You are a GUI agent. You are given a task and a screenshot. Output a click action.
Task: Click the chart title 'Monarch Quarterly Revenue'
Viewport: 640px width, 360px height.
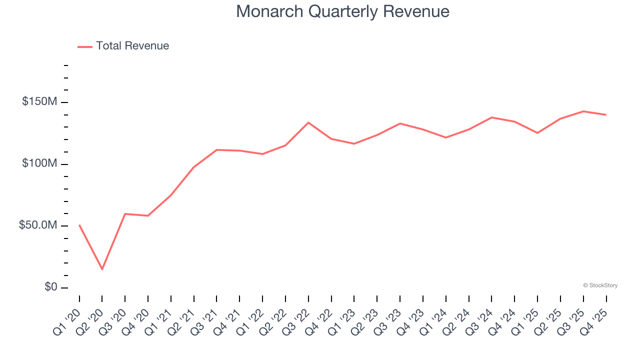342,11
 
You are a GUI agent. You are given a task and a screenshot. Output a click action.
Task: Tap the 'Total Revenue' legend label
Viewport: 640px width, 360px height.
132,46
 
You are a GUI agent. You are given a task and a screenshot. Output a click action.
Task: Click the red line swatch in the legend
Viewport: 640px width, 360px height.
85,46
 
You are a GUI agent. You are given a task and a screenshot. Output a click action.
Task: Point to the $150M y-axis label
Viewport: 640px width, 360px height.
39,102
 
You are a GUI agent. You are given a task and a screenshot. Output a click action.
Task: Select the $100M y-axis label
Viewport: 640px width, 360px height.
39,164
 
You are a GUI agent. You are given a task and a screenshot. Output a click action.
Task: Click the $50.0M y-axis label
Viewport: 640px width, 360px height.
38,225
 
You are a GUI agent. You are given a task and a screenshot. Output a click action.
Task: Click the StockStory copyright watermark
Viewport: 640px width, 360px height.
600,285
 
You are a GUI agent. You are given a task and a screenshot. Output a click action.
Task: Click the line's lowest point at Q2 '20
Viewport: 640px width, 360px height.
102,269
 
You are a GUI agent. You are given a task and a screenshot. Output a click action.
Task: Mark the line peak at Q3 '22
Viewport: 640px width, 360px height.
308,122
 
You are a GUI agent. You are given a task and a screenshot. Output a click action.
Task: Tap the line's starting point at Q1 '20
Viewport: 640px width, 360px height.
79,225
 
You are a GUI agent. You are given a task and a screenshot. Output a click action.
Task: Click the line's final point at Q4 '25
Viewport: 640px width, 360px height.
606,115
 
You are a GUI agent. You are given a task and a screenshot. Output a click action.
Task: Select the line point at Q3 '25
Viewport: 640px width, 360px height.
583,111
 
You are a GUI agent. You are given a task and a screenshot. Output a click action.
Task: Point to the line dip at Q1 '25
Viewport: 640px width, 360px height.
537,133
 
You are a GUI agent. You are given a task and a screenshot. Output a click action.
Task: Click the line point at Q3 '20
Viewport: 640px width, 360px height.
125,213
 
